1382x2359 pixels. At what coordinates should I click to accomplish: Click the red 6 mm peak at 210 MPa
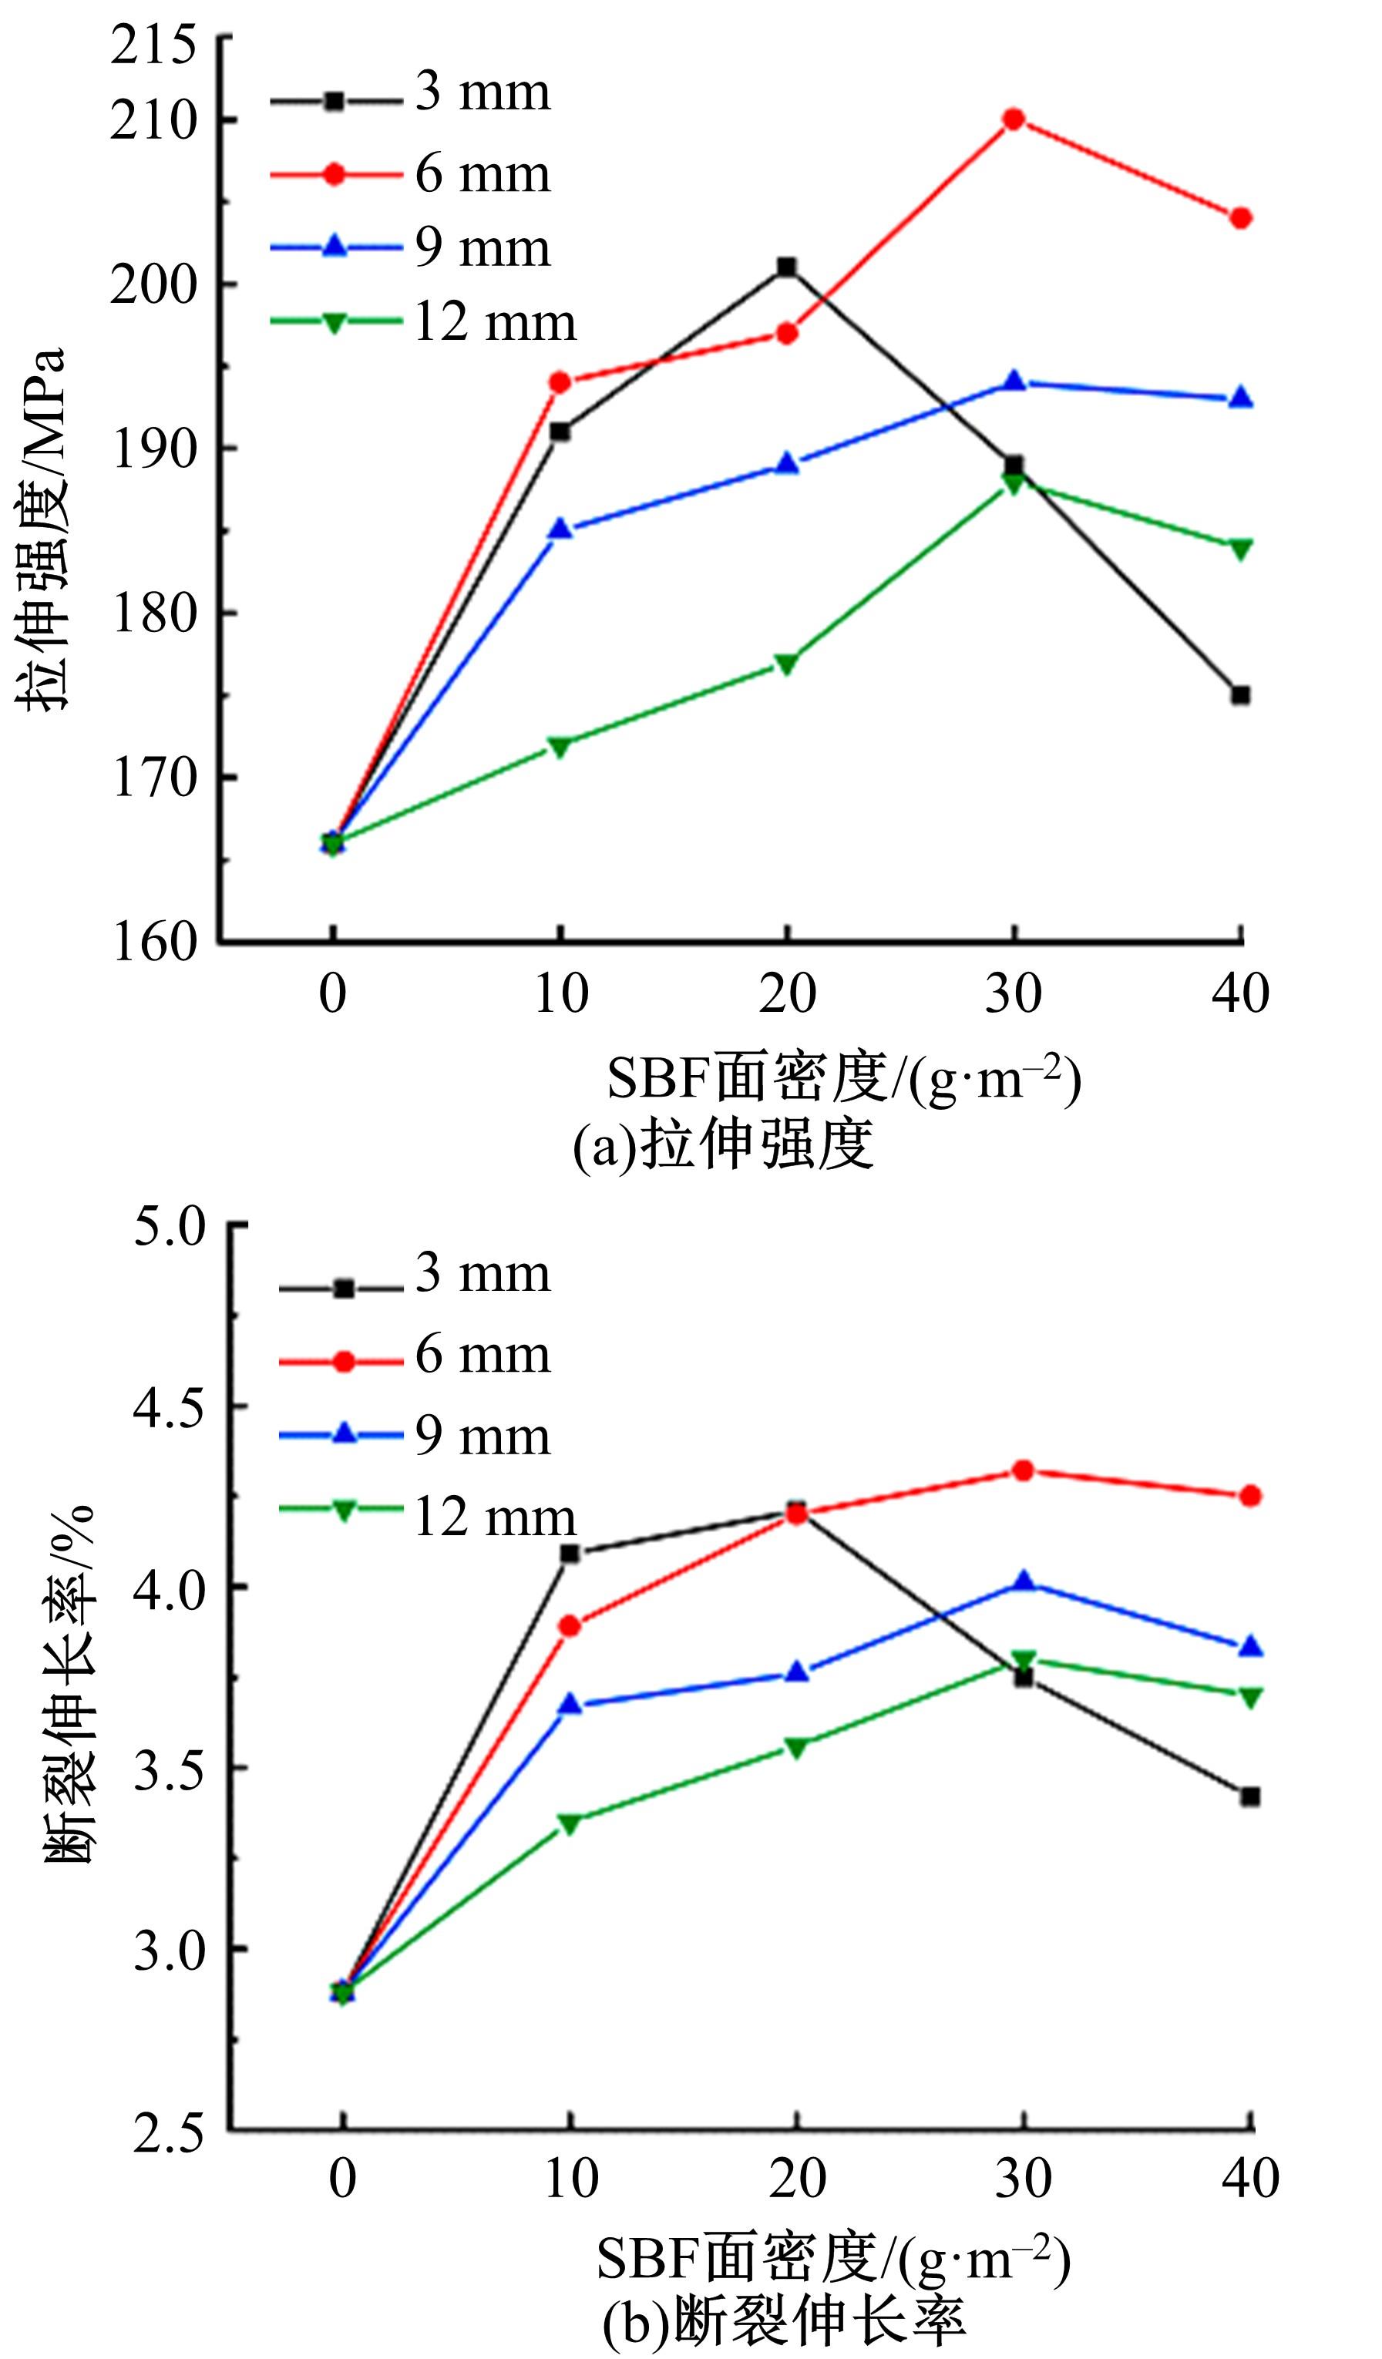click(x=1013, y=119)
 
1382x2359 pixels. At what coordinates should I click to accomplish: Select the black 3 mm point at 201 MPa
click(x=786, y=267)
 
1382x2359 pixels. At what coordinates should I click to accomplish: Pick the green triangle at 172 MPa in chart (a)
click(x=560, y=746)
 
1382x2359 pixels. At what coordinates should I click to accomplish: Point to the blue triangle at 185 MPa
click(x=560, y=529)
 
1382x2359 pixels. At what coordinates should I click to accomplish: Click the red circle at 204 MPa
click(x=1241, y=218)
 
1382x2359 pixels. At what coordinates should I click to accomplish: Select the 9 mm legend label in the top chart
click(x=483, y=248)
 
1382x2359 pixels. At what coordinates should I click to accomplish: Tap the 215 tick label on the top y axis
click(x=154, y=44)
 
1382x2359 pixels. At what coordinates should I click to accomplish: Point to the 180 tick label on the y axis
click(x=154, y=613)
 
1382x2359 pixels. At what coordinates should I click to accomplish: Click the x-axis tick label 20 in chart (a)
click(x=786, y=993)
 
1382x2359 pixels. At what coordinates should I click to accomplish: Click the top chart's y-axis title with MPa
click(x=42, y=529)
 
